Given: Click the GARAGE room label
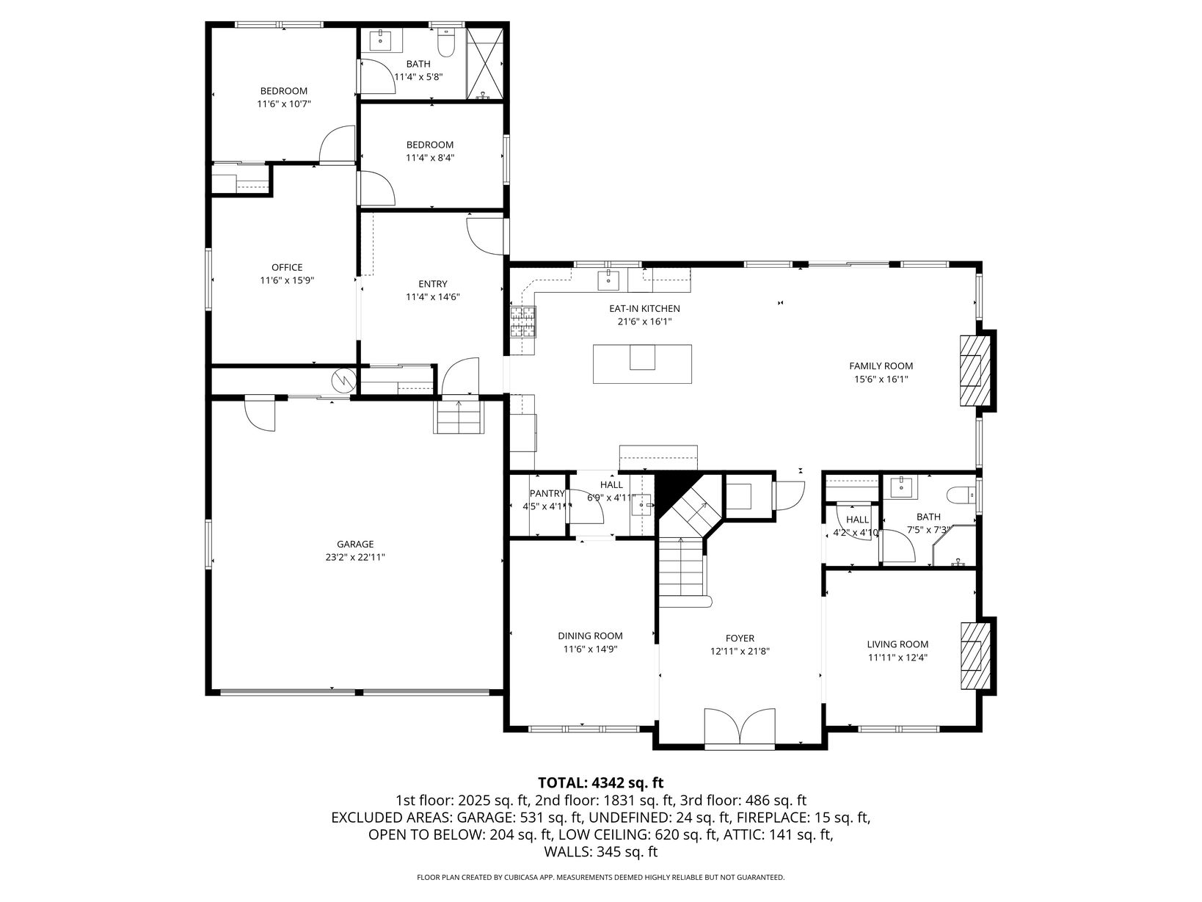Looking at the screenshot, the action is [355, 544].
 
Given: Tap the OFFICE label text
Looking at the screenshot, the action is [287, 267].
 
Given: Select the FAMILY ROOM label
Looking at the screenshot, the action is [881, 365].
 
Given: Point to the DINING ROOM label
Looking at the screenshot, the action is [590, 636].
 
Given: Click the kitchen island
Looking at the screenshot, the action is [642, 363].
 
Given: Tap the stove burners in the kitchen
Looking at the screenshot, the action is [523, 321].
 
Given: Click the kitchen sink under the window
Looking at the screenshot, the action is [608, 280].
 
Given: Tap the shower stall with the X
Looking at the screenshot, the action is [484, 64].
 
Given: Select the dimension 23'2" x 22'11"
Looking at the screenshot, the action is [355, 557].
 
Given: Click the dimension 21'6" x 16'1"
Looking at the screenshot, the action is [644, 321].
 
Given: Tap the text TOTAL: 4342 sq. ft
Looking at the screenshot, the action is [601, 782].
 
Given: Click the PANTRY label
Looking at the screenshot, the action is [547, 493].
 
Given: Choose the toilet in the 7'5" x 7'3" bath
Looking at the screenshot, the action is [961, 495].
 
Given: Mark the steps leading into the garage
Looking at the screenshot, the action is [459, 417].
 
